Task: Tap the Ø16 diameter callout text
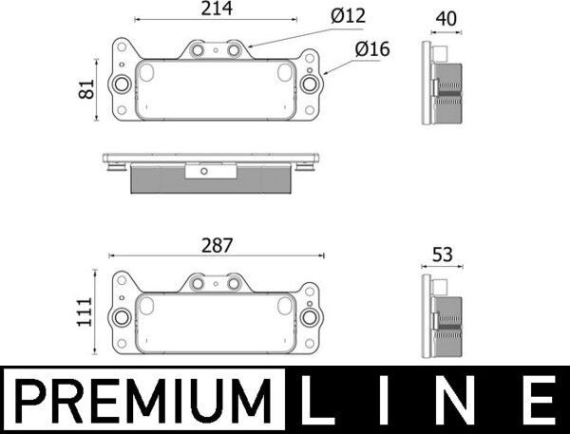pyautogui.click(x=372, y=48)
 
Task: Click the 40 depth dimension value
pyautogui.click(x=445, y=17)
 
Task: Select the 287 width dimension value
pyautogui.click(x=218, y=244)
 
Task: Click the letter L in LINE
pyautogui.click(x=320, y=401)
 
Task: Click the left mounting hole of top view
pyautogui.click(x=122, y=85)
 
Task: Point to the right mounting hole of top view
pyautogui.click(x=309, y=85)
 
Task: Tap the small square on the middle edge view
pyautogui.click(x=202, y=171)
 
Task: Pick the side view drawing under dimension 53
pyautogui.click(x=443, y=318)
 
